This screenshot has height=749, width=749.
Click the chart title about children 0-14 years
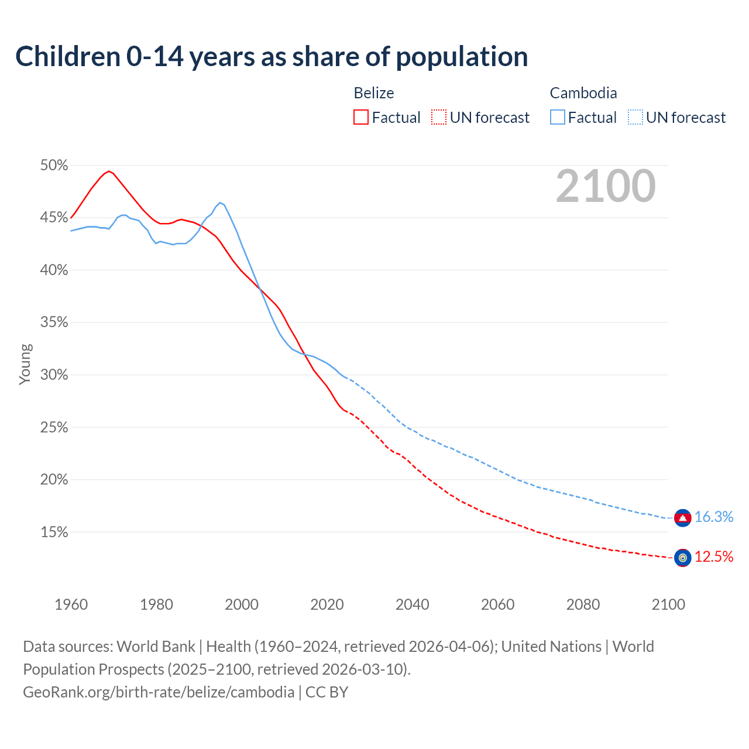click(272, 57)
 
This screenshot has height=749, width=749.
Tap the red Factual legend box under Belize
click(361, 117)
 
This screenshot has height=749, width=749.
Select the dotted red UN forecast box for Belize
click(439, 117)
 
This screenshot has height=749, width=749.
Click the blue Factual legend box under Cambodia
click(558, 117)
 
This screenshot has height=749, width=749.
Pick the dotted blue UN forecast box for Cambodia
click(635, 117)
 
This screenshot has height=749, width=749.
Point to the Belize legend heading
click(374, 93)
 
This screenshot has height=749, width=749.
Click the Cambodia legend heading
click(583, 93)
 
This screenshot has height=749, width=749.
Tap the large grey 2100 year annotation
click(606, 186)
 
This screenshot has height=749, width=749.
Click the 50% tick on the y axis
click(54, 166)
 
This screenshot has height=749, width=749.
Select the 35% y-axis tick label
click(54, 322)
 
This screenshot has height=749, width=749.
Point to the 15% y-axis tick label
click(54, 532)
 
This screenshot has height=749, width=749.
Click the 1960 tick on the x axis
click(71, 604)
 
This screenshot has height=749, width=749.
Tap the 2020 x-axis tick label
click(327, 604)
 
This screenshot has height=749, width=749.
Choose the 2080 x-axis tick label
click(583, 604)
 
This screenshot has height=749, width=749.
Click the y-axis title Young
click(25, 364)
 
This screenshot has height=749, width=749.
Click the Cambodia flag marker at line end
click(682, 518)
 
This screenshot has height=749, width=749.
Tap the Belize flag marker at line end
click(682, 558)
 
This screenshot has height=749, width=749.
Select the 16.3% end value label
click(714, 517)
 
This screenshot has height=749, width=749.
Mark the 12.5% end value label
click(714, 557)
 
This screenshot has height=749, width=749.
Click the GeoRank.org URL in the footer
click(159, 692)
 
